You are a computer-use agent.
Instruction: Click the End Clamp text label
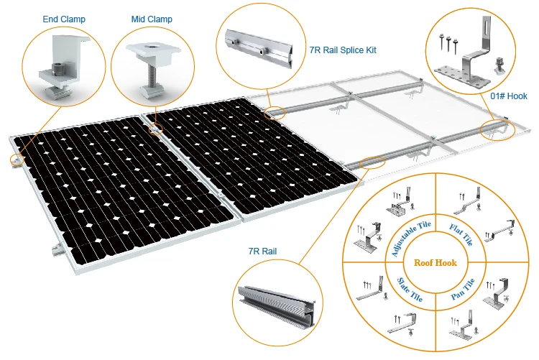64,19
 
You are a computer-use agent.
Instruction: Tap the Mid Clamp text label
152,19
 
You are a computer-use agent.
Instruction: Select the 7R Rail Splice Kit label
343,50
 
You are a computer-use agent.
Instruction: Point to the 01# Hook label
508,96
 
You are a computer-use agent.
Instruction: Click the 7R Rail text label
262,251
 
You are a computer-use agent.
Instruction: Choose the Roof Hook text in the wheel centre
436,263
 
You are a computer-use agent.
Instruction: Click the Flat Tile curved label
461,234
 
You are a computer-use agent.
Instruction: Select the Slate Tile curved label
410,290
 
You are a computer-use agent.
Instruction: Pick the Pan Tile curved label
463,289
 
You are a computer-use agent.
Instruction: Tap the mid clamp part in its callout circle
152,68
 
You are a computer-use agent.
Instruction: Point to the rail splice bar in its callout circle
259,48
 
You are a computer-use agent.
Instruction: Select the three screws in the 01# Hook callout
448,43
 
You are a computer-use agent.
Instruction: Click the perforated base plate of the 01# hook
460,77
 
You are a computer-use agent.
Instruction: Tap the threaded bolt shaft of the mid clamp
151,77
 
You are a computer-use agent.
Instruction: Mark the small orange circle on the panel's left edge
17,160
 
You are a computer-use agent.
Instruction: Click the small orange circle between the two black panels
155,129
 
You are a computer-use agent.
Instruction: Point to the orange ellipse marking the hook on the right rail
497,130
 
